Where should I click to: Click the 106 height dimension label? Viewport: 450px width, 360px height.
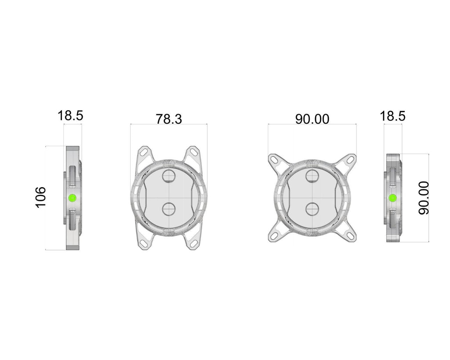point(40,197)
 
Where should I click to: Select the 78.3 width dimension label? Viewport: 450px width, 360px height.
point(169,119)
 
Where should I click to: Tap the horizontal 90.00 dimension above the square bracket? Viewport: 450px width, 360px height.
point(312,119)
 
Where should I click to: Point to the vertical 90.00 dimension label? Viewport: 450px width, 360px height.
point(424,198)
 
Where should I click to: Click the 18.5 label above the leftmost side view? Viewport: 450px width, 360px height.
point(70,116)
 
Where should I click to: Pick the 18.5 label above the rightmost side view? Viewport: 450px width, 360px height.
point(392,116)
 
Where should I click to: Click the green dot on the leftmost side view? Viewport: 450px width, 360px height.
point(72,197)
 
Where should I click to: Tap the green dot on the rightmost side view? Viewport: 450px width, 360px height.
point(392,198)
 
